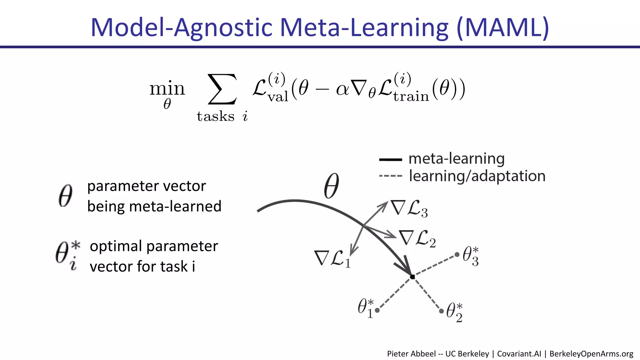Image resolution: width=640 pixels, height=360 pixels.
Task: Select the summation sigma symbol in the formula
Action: [x=222, y=89]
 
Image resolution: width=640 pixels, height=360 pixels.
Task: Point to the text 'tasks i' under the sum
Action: [x=222, y=117]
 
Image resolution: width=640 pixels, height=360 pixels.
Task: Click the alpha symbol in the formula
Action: [x=342, y=89]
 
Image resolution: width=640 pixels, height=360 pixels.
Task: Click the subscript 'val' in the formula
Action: [x=278, y=97]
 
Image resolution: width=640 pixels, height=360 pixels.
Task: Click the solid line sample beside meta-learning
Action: [x=390, y=160]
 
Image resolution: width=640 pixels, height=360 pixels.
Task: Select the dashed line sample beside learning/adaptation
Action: [x=390, y=176]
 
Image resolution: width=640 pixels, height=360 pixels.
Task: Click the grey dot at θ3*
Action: [x=457, y=255]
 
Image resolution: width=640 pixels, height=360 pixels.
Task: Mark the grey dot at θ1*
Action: [x=377, y=310]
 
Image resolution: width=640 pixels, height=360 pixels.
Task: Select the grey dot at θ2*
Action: [x=441, y=311]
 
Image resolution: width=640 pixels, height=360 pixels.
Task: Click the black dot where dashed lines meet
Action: [x=412, y=277]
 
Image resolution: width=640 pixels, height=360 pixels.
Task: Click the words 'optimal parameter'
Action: [x=154, y=246]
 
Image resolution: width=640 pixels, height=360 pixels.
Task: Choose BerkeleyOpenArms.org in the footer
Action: [x=591, y=354]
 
